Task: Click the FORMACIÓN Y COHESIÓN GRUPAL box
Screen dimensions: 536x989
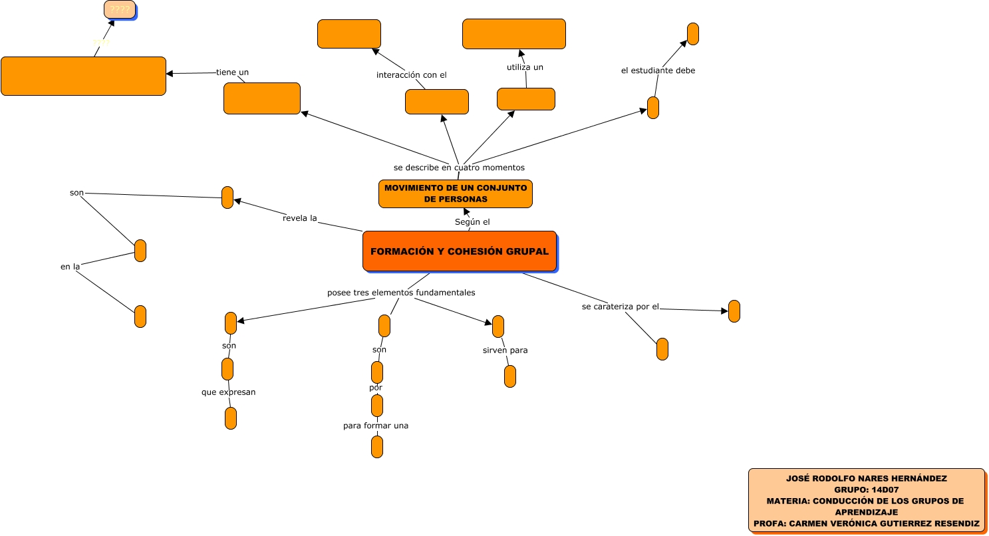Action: click(x=459, y=251)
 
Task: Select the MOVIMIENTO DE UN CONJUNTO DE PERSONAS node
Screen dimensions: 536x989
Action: click(x=456, y=194)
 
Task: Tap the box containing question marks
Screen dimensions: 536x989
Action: click(x=120, y=9)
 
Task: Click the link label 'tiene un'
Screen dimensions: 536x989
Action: click(x=232, y=72)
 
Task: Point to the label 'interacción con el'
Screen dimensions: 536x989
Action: click(x=411, y=74)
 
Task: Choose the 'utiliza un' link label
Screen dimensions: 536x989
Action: click(x=525, y=67)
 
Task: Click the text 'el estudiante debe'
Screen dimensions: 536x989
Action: click(x=658, y=70)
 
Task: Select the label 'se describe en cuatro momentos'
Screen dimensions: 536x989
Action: click(x=459, y=167)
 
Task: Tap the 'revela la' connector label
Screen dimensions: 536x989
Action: click(x=299, y=217)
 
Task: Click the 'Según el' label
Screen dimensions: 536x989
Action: click(x=472, y=221)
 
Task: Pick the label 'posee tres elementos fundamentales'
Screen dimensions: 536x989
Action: click(x=401, y=292)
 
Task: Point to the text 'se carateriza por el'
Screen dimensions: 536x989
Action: click(x=620, y=307)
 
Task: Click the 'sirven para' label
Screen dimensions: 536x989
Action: click(x=505, y=350)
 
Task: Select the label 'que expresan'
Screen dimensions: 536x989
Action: click(x=229, y=392)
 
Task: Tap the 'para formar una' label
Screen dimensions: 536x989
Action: click(x=376, y=426)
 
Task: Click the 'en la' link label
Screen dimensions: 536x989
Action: click(x=70, y=267)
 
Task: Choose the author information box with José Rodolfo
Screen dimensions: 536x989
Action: click(x=866, y=500)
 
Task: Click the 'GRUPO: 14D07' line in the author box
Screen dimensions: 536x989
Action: click(x=866, y=489)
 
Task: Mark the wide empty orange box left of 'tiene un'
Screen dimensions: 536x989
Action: click(x=83, y=76)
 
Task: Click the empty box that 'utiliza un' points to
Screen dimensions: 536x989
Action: click(x=513, y=34)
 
